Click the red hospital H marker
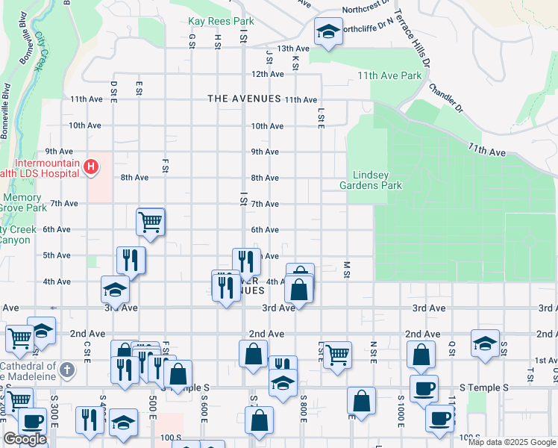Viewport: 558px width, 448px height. coord(91,166)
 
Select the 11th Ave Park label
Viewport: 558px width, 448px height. coord(389,75)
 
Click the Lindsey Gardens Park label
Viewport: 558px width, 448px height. coord(371,180)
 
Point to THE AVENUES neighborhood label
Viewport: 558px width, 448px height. coord(244,99)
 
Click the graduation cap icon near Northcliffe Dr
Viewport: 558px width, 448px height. coord(326,31)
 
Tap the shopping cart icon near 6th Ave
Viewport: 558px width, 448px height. coord(150,221)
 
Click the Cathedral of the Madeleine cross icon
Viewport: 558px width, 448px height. coord(67,369)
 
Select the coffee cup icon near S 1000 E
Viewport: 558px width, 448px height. coord(424,388)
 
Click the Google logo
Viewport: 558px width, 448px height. coord(25,439)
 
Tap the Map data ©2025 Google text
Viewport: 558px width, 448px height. coord(512,442)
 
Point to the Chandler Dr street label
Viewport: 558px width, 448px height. coord(445,98)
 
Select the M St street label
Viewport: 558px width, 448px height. coord(347,270)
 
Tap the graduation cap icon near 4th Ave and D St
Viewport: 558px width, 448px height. coord(116,288)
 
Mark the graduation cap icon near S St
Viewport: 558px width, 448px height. coord(485,343)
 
